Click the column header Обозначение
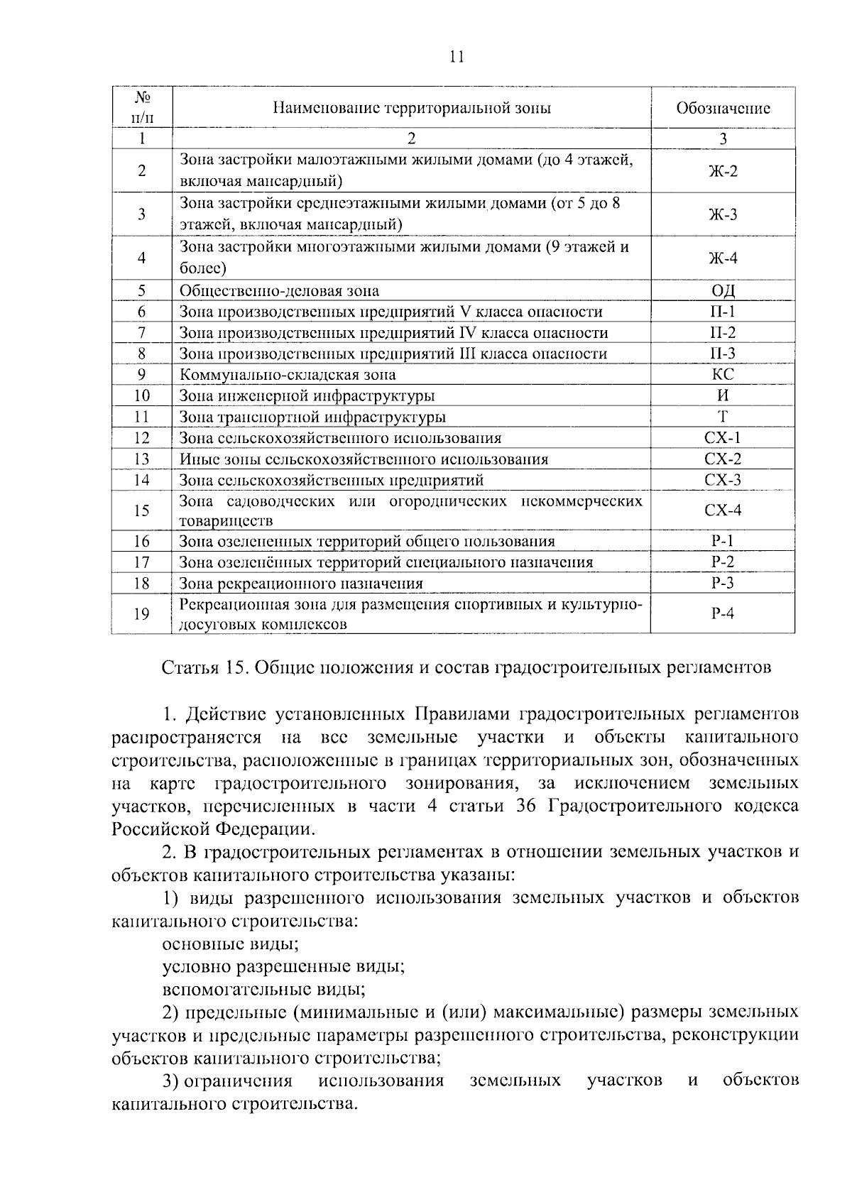(723, 109)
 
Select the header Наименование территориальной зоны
(412, 109)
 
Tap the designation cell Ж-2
(723, 171)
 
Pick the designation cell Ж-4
(723, 258)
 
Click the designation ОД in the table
(723, 291)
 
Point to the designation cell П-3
(723, 354)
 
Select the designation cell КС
(723, 375)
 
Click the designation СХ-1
(723, 438)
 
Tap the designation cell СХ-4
(723, 510)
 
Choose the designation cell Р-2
(723, 562)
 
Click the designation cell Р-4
(723, 614)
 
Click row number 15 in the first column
(142, 510)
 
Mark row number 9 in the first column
(142, 375)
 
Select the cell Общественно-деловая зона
(279, 291)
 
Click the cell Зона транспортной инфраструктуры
(313, 417)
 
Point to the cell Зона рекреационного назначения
(301, 584)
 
